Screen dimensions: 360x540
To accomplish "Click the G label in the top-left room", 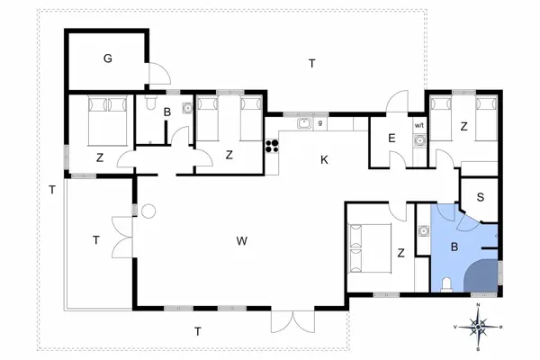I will coord(107,59).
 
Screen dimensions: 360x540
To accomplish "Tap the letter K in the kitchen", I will coord(324,160).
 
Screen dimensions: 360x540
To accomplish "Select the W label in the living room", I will coord(241,241).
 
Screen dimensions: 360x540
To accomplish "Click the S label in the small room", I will coord(480,196).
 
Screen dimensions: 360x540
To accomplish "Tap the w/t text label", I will coord(418,126).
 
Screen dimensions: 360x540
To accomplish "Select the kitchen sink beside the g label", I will coord(305,124).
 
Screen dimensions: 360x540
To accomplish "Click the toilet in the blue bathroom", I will coord(447,285).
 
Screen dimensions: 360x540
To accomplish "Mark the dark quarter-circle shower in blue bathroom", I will coord(486,277).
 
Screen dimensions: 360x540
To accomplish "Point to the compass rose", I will coord(479,326).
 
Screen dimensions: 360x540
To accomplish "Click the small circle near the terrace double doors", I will coord(148,212).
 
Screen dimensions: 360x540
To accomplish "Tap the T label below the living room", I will coord(197,331).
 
